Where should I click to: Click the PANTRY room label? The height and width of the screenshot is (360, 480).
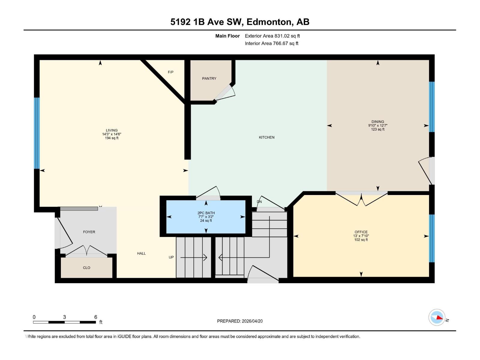tap(209, 79)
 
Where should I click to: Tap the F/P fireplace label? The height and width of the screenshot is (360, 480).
tap(170, 72)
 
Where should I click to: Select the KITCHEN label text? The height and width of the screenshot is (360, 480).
tap(266, 137)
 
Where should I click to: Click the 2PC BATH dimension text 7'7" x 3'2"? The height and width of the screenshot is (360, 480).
tap(206, 217)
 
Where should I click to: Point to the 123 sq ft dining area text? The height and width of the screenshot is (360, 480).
tap(377, 130)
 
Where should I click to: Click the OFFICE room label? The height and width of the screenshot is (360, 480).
tap(361, 232)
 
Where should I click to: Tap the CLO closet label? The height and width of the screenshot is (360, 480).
tap(86, 268)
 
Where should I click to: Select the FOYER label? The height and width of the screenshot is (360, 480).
tap(89, 232)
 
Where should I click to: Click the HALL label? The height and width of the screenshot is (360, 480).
tap(141, 253)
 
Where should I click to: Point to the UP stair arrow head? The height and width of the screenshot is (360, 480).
tap(205, 257)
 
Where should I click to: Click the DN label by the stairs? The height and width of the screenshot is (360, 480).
tap(259, 202)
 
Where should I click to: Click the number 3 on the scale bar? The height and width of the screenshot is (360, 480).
tap(64, 317)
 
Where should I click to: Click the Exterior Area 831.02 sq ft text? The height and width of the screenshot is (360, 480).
tap(272, 36)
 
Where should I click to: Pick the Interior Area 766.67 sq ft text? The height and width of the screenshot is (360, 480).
tap(271, 43)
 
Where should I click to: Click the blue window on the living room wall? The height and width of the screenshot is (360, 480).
tap(37, 133)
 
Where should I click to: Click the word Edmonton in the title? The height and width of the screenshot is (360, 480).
tap(269, 22)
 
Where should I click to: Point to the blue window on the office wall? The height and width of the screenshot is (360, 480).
tap(432, 238)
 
